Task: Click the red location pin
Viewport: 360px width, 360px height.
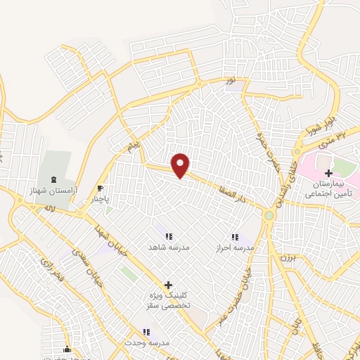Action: pyautogui.click(x=181, y=165)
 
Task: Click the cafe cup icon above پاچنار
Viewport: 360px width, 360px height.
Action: pyautogui.click(x=101, y=188)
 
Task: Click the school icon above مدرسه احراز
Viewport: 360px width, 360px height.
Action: pyautogui.click(x=235, y=237)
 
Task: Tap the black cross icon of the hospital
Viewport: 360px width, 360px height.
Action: pyautogui.click(x=328, y=172)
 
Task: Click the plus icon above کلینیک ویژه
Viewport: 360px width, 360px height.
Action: pyautogui.click(x=167, y=285)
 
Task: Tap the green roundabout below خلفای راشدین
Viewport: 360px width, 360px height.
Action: pyautogui.click(x=268, y=214)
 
